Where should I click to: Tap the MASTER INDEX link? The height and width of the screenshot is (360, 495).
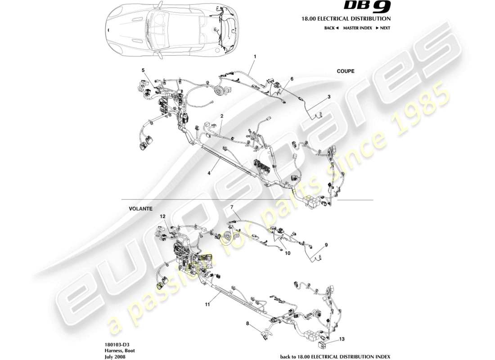coord(357,28)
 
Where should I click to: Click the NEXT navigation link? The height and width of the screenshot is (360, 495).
coord(383,28)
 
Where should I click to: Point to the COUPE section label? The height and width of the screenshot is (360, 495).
coord(346,71)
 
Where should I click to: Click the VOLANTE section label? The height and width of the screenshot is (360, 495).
coord(140,209)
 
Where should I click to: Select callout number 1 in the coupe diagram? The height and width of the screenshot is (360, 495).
coord(255,57)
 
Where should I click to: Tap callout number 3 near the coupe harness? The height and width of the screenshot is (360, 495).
coord(329,97)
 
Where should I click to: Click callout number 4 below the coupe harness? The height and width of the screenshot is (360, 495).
coord(209,172)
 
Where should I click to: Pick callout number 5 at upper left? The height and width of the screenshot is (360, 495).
coord(143,70)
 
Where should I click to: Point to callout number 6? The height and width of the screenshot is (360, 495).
coord(292,79)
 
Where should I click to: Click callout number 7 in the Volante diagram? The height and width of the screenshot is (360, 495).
coord(232,207)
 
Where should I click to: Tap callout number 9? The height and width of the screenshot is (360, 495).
coord(327,245)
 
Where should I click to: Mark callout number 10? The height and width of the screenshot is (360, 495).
coord(288,253)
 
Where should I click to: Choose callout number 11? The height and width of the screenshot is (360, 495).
coord(207,305)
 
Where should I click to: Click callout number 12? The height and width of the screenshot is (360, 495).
coord(163,216)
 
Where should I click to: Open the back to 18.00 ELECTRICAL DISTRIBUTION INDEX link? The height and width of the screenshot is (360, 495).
coord(335,356)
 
